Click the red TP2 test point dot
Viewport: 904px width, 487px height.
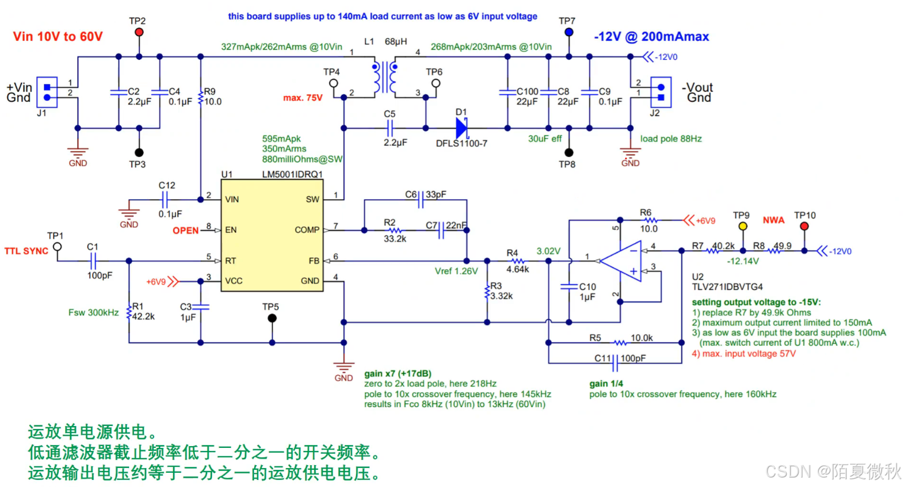point(139,32)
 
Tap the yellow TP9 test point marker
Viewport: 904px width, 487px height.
point(743,226)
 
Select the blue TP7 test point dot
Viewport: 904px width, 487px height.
point(569,32)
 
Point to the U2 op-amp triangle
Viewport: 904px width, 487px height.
point(622,261)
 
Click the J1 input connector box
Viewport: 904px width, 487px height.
point(47,92)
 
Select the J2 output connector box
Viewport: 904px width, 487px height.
point(661,92)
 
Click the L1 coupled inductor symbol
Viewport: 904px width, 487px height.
point(385,77)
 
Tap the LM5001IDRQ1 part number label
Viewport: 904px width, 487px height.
point(293,174)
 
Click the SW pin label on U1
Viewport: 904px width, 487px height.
point(312,200)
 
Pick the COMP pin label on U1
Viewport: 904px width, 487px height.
point(307,230)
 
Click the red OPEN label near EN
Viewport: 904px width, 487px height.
point(185,230)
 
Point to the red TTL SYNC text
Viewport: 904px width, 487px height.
point(26,251)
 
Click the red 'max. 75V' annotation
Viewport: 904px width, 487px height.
point(303,98)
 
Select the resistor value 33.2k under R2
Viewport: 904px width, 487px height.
point(395,239)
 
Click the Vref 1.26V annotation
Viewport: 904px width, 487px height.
point(456,271)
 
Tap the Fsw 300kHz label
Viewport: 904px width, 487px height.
point(94,312)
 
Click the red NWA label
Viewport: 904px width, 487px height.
point(773,220)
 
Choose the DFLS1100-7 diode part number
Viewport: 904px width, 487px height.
point(461,143)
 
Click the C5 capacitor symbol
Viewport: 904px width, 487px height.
point(390,128)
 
